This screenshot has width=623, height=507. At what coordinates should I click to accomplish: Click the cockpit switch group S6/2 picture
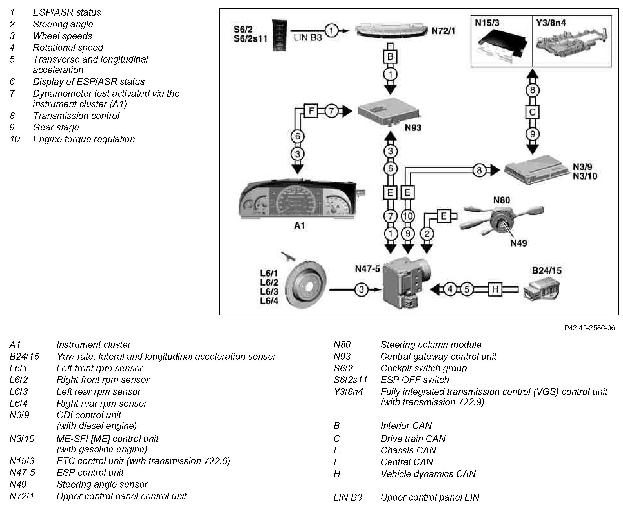tap(280, 35)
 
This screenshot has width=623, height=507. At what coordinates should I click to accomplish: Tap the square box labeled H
tap(495, 289)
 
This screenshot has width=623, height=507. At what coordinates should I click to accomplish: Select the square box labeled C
tap(532, 112)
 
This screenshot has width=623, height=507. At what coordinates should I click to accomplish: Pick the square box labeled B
tap(390, 57)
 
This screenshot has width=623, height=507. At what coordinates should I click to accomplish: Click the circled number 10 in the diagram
tap(407, 216)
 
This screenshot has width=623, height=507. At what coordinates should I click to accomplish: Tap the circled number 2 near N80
tap(427, 234)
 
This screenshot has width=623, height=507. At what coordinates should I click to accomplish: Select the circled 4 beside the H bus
tap(450, 289)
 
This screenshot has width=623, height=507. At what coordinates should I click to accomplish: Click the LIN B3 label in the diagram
tap(307, 38)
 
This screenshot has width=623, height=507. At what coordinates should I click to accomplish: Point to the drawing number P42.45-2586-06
tap(590, 328)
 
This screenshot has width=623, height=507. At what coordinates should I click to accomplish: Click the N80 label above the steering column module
tap(501, 200)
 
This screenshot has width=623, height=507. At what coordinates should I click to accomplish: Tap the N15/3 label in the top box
tap(487, 23)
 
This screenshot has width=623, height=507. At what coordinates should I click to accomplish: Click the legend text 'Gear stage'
tap(56, 127)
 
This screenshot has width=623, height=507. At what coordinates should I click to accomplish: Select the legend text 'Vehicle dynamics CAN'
tap(428, 474)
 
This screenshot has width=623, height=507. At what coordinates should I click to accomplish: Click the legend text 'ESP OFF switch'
tap(414, 380)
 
